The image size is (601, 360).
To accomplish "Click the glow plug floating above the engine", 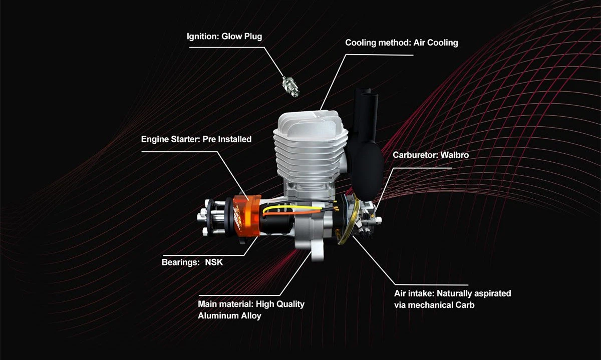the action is click(x=290, y=87).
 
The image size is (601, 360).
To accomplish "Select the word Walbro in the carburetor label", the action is click(x=455, y=155).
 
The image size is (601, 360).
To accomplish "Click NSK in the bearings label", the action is click(x=214, y=262).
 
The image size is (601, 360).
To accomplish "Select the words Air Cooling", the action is click(x=436, y=43).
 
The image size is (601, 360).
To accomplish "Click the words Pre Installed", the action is click(x=227, y=139).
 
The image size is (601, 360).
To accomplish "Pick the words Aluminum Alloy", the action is click(x=229, y=316).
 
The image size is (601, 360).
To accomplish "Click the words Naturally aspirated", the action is click(x=474, y=293).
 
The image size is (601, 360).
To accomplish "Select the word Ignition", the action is click(x=203, y=37).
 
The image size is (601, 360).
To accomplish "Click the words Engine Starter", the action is click(x=171, y=139).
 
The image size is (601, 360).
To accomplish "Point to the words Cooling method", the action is click(x=378, y=43).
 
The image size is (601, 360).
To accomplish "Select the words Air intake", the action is click(x=414, y=293).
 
